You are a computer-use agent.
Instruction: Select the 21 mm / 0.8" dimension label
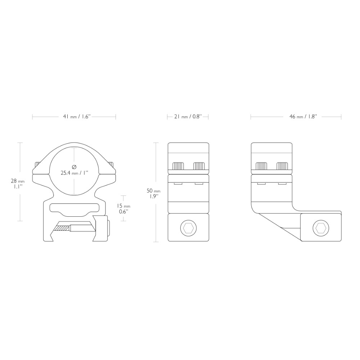click(188, 117)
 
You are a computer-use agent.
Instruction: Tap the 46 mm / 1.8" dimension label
click(303, 117)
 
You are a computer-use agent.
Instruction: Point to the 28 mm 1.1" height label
click(18, 184)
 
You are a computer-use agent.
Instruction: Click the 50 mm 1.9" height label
click(153, 193)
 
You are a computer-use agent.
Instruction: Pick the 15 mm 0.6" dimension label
click(123, 209)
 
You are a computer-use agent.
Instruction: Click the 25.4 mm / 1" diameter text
click(75, 173)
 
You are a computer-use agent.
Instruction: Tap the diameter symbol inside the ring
click(74, 166)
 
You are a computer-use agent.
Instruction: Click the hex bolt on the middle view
click(188, 228)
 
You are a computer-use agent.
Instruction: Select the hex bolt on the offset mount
click(321, 228)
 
